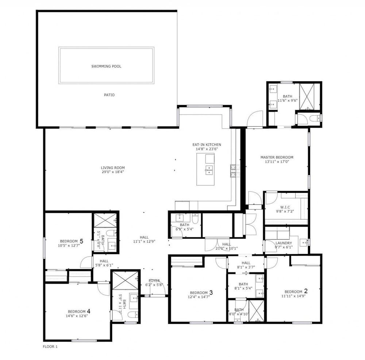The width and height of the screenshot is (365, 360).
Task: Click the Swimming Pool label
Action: click(x=106, y=66)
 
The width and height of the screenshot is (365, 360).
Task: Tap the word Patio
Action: click(x=109, y=95)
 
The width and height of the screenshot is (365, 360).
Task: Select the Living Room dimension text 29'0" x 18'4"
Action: click(x=113, y=172)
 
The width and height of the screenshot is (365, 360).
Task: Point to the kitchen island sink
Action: click(x=209, y=170)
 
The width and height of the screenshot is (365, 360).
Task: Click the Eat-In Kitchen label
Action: click(x=207, y=145)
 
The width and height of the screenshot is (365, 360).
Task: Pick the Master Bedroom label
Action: click(x=277, y=157)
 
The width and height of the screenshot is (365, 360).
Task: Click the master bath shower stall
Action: click(x=307, y=96)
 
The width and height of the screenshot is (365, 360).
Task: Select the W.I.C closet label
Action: click(x=285, y=207)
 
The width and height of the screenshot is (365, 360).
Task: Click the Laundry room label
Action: click(x=284, y=243)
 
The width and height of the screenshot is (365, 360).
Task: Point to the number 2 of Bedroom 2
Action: click(x=306, y=291)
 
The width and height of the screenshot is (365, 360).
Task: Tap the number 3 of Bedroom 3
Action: click(x=211, y=292)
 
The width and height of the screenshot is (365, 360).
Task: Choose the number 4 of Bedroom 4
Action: click(x=88, y=311)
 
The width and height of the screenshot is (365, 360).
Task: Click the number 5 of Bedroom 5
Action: click(x=81, y=241)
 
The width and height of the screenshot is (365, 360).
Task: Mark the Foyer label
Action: click(x=154, y=281)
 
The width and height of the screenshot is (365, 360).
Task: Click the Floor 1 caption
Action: click(x=50, y=347)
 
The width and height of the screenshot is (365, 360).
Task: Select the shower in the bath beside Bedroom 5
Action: click(x=105, y=220)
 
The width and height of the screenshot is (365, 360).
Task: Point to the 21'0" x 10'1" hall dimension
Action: click(x=227, y=248)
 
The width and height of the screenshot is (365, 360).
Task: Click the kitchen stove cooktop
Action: click(x=235, y=171)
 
